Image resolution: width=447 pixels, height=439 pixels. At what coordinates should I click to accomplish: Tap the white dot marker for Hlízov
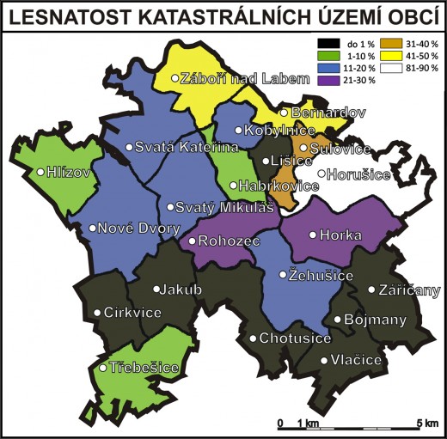click(40, 172)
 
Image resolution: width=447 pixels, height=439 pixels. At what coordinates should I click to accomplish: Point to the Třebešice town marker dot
click(103, 368)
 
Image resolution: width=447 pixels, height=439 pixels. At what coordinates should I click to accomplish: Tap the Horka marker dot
click(313, 234)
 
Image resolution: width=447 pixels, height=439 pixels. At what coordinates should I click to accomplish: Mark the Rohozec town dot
click(193, 241)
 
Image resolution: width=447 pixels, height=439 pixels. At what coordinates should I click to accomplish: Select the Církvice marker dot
click(96, 313)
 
